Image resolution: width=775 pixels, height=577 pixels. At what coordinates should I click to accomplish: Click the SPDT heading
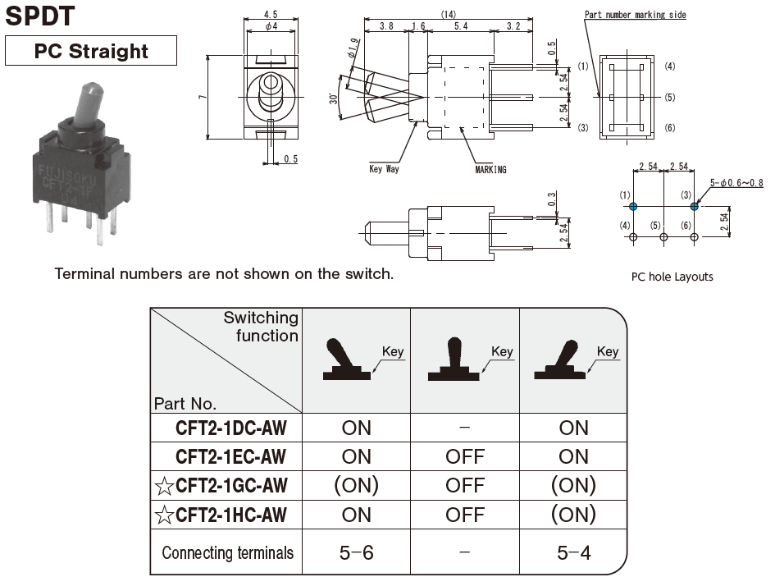point(40,15)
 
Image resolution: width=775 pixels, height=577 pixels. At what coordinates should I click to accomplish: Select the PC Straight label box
point(91,51)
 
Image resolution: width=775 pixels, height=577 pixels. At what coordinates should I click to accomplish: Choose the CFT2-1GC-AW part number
point(231,486)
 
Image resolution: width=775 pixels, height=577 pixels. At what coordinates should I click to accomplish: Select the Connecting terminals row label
point(227,552)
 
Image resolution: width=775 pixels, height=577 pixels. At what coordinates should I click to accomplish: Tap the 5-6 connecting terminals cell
point(356,552)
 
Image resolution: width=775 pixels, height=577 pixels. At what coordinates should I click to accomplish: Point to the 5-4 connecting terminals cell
point(573,552)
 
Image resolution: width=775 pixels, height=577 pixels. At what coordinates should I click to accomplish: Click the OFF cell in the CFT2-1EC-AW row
point(465,456)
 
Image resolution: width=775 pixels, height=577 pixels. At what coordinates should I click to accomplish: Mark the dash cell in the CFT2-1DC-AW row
point(465,428)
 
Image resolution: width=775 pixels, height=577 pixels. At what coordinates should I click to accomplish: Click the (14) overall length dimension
point(448,15)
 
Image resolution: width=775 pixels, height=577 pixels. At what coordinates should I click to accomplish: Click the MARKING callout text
point(490,169)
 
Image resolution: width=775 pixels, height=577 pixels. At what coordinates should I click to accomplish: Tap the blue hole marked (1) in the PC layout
point(633,206)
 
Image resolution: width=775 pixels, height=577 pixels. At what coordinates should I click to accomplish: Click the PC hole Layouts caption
point(672,277)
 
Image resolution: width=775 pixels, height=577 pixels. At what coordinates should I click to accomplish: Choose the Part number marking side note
point(635,15)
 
